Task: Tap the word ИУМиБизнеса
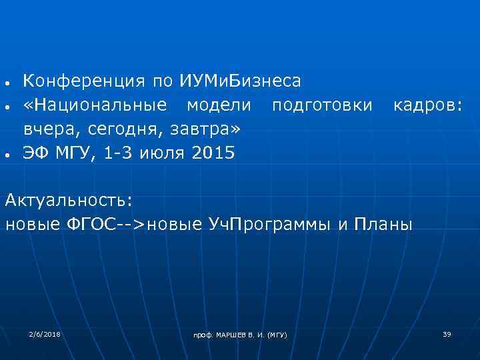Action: coord(240,81)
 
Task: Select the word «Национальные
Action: coord(95,105)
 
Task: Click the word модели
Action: coord(219,105)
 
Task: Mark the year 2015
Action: coord(213,153)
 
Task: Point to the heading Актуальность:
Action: coord(69,199)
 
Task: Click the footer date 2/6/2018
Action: coord(45,333)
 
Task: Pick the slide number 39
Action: coord(447,333)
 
